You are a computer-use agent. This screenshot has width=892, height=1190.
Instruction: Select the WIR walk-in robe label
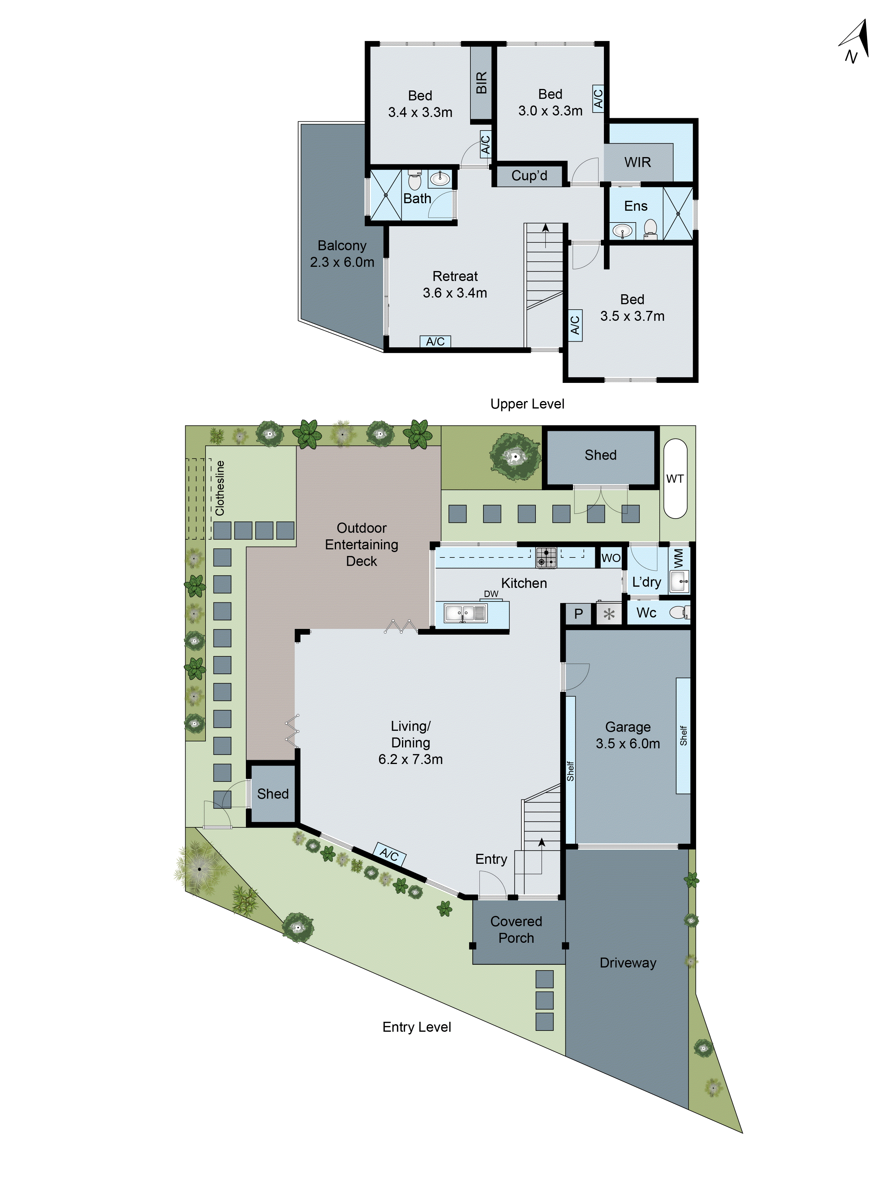coord(637,162)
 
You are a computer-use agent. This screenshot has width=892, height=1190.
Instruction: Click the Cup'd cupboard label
coord(529,176)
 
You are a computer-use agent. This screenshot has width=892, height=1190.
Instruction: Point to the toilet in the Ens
coord(650,229)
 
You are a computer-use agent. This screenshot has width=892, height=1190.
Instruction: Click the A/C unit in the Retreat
coord(435,341)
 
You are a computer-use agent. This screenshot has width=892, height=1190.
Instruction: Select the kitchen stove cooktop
coord(546,557)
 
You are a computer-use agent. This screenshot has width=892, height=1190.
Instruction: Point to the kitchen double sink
coord(465,613)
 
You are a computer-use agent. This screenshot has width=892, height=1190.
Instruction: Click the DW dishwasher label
coord(491,594)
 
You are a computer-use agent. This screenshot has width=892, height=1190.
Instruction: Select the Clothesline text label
coord(220,488)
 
